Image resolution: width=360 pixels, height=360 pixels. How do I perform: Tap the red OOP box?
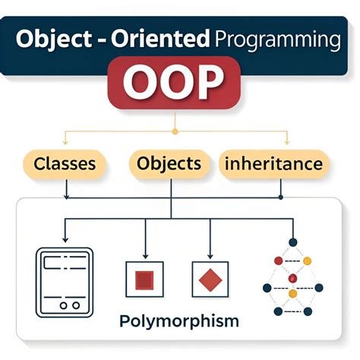click(x=178, y=84)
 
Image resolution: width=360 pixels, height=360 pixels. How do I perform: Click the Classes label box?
click(x=65, y=163)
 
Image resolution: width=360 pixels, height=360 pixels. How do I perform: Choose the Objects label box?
click(x=169, y=163)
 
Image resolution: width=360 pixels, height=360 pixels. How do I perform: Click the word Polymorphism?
click(x=179, y=320)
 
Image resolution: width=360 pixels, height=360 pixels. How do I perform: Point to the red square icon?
click(x=144, y=280)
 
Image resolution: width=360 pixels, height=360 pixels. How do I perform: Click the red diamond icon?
click(x=210, y=280)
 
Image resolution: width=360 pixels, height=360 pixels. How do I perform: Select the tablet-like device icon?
click(x=65, y=282)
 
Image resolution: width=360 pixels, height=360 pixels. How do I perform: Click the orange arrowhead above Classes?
click(x=65, y=143)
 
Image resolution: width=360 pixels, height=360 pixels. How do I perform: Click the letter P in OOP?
click(x=213, y=84)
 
